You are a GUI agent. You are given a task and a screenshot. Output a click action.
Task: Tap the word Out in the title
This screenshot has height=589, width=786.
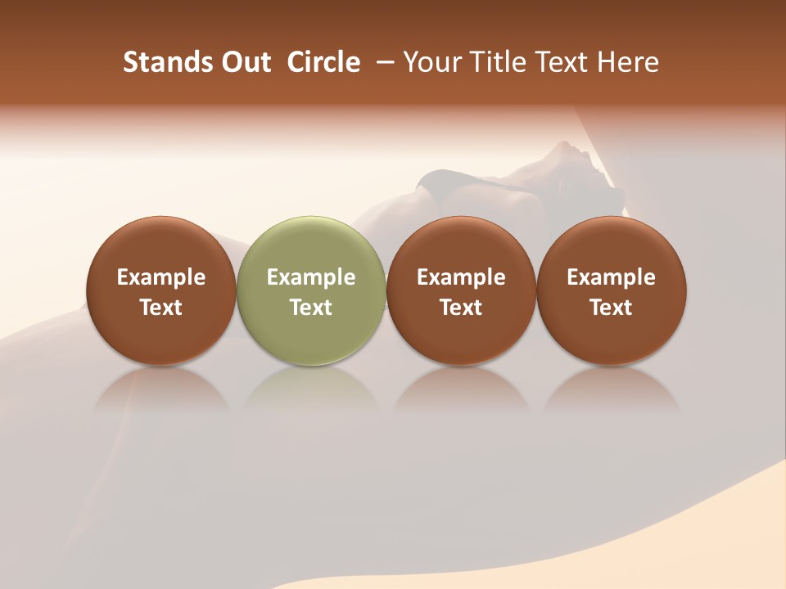coord(244,62)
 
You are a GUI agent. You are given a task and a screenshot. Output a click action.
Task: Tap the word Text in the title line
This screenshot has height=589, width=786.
coord(560,62)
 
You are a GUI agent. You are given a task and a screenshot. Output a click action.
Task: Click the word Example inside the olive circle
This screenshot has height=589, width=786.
coord(311,277)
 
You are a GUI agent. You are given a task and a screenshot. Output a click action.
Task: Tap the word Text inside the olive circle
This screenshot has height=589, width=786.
coord(311,308)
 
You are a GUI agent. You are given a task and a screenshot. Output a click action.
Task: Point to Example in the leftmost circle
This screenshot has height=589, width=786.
coord(161,277)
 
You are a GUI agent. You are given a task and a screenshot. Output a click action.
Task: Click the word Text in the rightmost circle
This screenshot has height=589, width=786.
coord(612,308)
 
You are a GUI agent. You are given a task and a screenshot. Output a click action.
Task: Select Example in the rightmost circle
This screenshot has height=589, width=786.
coord(612,277)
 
